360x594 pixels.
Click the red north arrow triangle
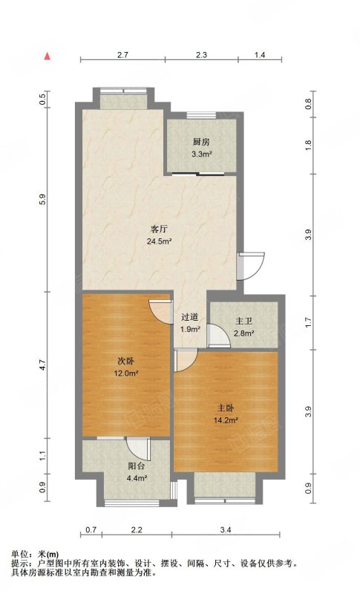(48, 56)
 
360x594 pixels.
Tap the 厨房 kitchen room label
(201, 143)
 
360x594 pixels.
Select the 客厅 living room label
(160, 229)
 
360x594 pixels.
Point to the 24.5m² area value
(160, 241)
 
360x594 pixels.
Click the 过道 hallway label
(189, 317)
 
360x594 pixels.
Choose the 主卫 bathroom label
(243, 322)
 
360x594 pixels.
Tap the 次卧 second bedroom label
(125, 362)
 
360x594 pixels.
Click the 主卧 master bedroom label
(225, 408)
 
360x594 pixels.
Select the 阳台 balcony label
(137, 466)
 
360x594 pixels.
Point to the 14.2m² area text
(226, 420)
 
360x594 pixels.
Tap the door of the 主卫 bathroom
(220, 336)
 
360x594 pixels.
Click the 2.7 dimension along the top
(122, 55)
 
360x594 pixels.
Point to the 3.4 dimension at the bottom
(226, 530)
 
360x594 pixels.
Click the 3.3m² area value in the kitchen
(201, 154)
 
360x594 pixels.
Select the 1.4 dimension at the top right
(260, 55)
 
